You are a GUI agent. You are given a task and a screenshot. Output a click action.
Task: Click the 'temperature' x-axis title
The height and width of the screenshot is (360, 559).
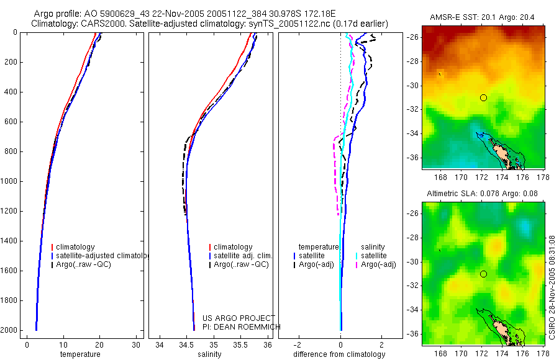pos(80,354)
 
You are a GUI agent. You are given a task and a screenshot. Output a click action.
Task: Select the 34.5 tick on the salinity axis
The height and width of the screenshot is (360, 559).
pos(186,344)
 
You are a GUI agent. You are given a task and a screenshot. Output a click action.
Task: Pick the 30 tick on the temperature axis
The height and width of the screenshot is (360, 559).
pos(135,344)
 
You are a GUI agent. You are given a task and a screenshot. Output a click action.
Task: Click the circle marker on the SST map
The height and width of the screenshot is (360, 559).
pos(483,97)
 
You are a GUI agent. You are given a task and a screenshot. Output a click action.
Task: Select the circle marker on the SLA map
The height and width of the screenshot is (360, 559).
pos(483,274)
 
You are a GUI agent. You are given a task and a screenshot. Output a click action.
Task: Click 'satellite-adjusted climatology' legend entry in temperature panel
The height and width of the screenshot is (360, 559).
pos(101,256)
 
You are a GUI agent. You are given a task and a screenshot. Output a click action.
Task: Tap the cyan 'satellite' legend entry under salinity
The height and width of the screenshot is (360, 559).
pos(373,256)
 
